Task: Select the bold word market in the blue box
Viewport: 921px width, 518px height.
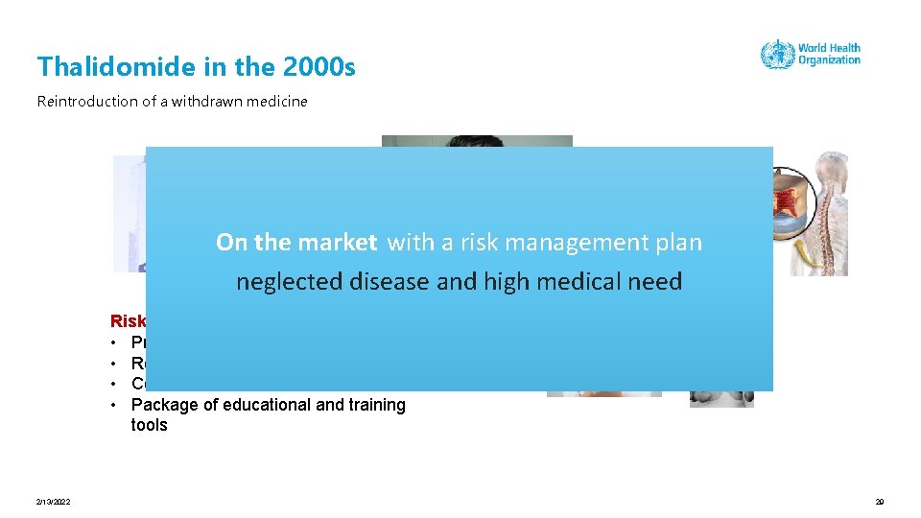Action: (338, 243)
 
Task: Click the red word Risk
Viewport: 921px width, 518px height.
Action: (128, 321)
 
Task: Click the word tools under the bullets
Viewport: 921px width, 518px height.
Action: (149, 425)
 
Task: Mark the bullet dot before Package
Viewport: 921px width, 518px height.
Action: (114, 405)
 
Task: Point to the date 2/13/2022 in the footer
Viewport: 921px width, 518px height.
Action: (53, 502)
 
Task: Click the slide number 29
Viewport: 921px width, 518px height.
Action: (879, 502)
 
